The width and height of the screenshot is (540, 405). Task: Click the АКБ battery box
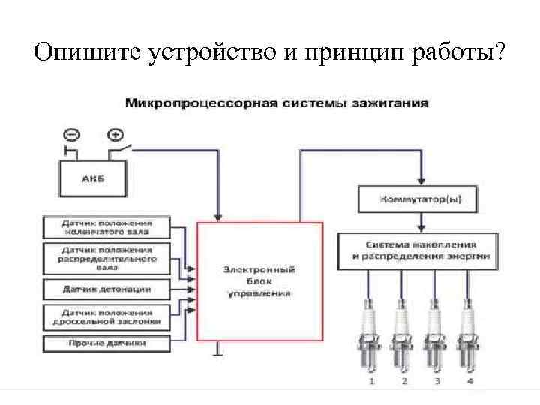point(93,179)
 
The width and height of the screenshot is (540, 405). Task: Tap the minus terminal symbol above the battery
point(71,136)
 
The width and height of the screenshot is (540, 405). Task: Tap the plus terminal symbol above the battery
point(115,136)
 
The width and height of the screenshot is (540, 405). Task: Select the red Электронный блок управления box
point(259,281)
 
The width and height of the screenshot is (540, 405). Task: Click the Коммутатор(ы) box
point(425,200)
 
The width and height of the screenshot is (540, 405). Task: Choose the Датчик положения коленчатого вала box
point(107,227)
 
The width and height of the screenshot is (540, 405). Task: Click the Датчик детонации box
point(107,289)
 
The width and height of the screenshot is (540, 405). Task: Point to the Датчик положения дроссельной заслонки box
point(107,316)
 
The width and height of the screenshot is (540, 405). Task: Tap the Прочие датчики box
point(107,343)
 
